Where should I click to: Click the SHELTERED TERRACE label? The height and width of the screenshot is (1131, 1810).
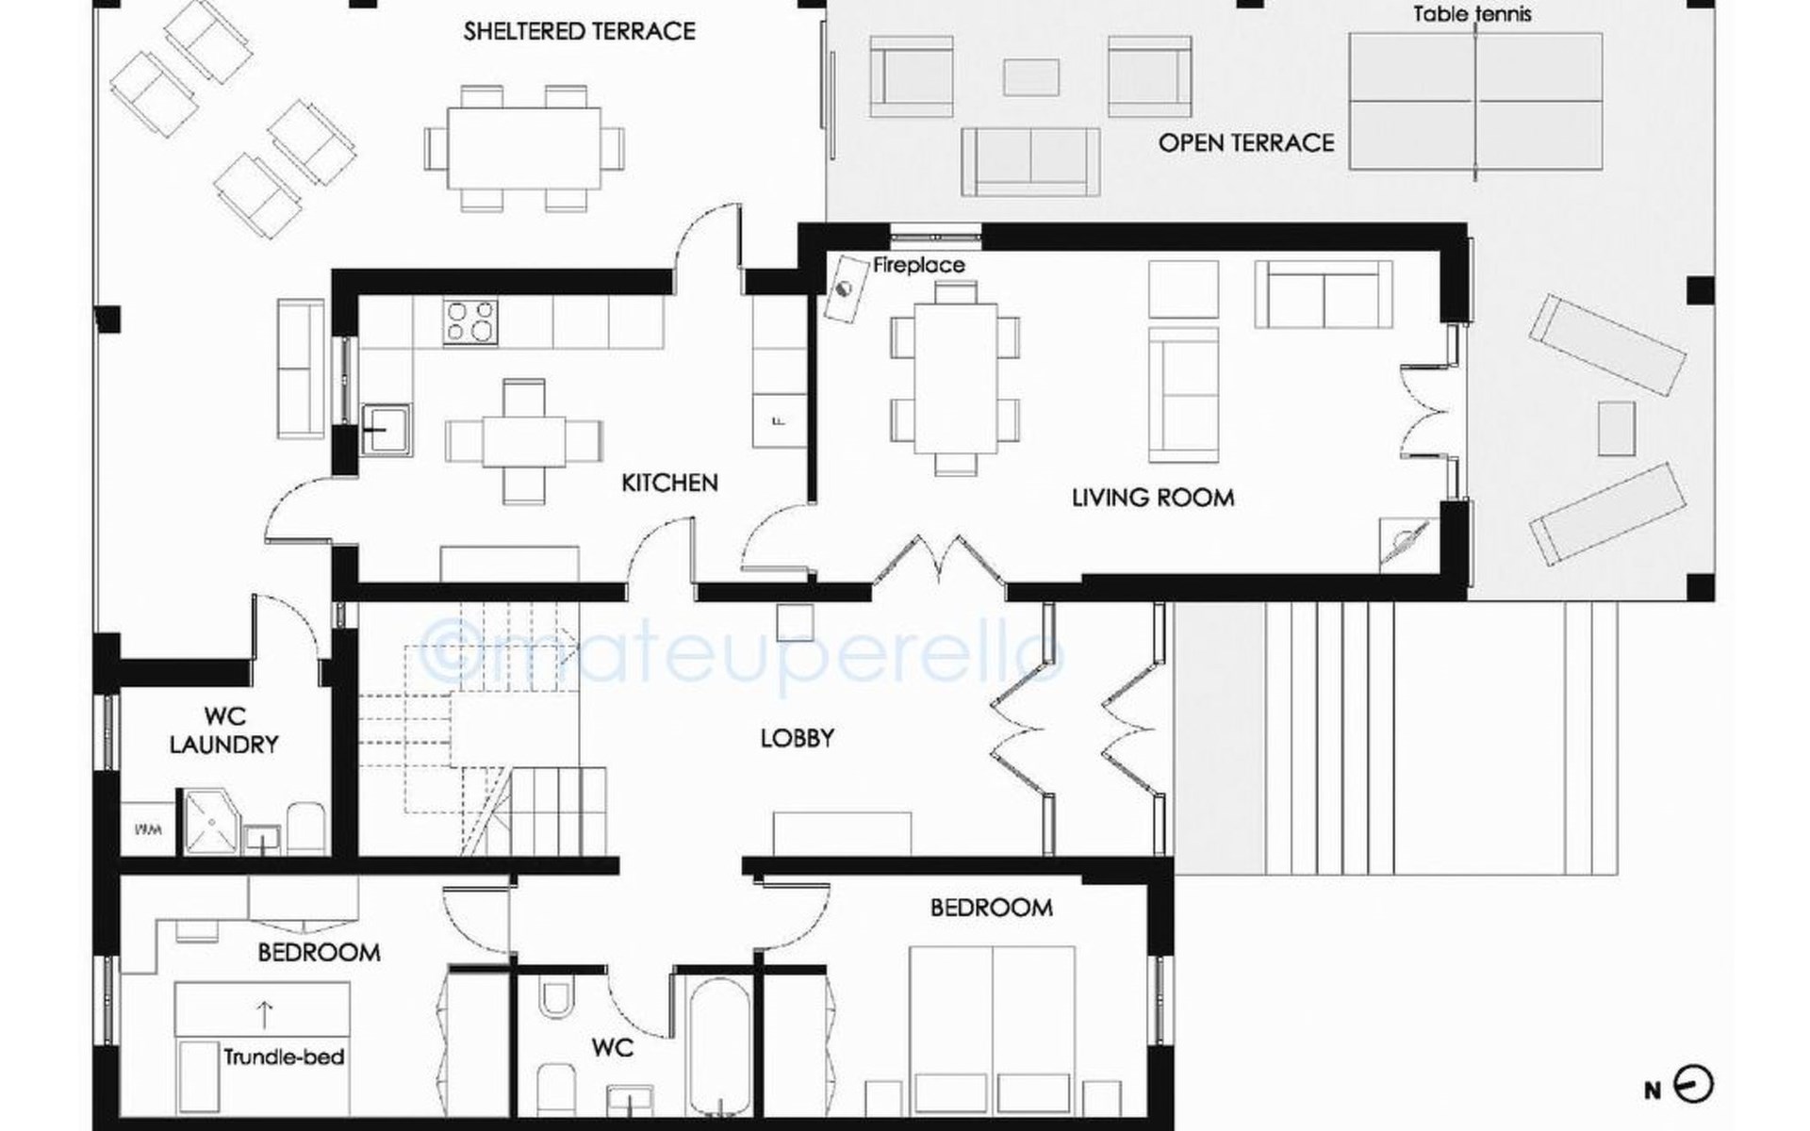point(579,31)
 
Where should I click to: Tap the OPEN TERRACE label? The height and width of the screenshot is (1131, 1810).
point(1246,143)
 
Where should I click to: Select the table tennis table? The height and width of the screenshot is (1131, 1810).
point(1475,101)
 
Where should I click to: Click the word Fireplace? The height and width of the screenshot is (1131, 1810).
point(918,265)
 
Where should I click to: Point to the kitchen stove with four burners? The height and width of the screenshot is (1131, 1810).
point(470,323)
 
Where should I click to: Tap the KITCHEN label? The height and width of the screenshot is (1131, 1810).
point(669,483)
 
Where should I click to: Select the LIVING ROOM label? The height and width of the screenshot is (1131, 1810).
point(1153,498)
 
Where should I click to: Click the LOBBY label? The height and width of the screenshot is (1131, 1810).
point(797,738)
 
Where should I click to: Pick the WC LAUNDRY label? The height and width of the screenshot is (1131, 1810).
point(223,730)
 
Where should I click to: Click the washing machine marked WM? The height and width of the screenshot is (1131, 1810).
point(148,830)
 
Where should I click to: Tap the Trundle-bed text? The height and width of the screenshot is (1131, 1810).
point(284,1057)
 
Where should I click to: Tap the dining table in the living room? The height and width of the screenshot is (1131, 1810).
point(955,377)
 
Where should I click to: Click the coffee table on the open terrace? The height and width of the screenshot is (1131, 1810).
point(1031,77)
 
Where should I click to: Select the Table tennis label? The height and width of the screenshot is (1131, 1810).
point(1472,14)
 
